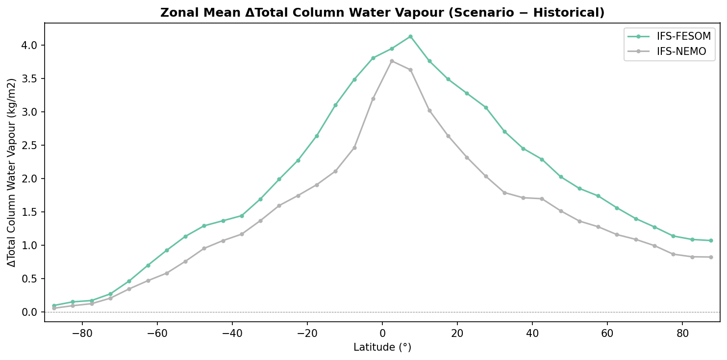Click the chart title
382,13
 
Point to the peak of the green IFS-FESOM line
410,36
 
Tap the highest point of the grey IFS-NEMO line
392,61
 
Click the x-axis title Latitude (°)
382,347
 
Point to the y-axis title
12,172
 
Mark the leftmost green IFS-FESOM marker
54,306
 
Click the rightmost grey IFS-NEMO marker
711,257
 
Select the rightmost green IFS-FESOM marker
711,240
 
